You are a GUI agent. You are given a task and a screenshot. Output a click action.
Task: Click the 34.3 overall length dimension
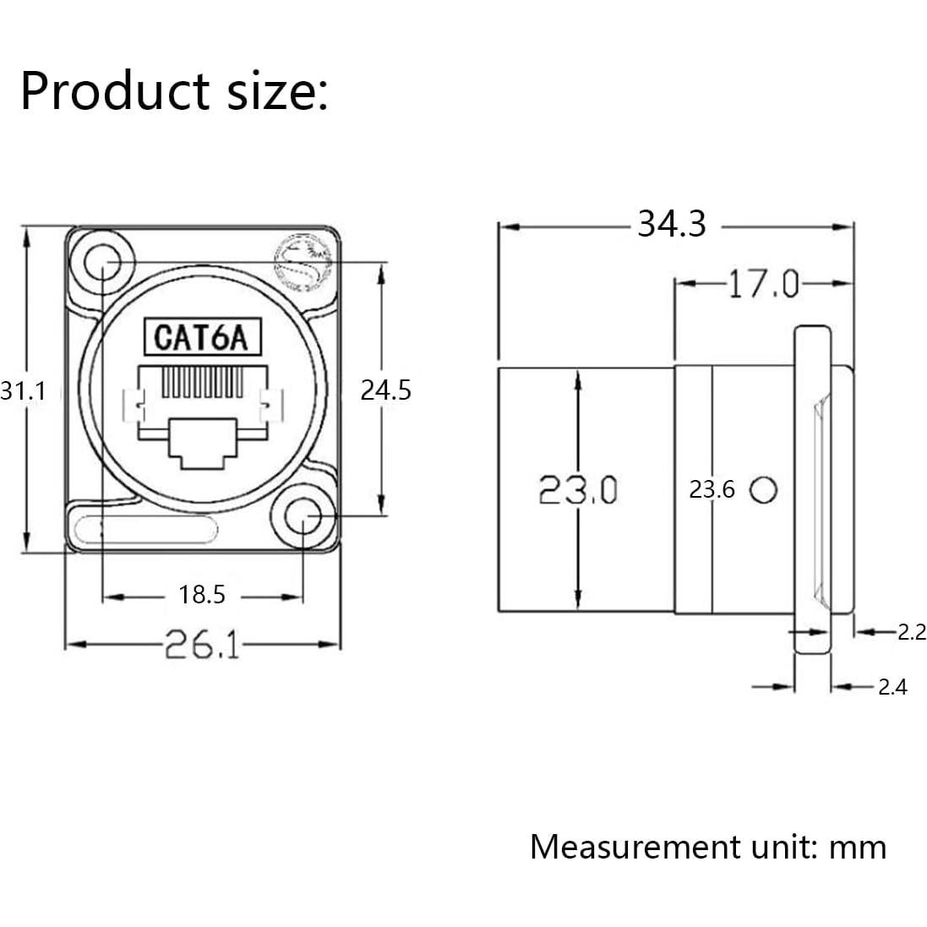tap(671, 225)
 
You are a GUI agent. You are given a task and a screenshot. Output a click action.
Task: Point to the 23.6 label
tap(712, 489)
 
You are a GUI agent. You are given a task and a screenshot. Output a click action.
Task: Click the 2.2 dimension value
tap(911, 631)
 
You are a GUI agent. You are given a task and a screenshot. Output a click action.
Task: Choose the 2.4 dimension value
tap(892, 687)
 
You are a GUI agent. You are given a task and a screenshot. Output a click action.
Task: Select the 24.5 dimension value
tap(385, 390)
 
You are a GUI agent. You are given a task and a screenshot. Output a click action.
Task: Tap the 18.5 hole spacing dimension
tap(202, 596)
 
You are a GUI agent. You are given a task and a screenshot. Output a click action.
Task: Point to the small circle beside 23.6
tap(764, 489)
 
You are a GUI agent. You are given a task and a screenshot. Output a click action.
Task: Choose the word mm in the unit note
tap(858, 846)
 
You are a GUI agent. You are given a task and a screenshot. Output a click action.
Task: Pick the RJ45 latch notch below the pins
tap(202, 443)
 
